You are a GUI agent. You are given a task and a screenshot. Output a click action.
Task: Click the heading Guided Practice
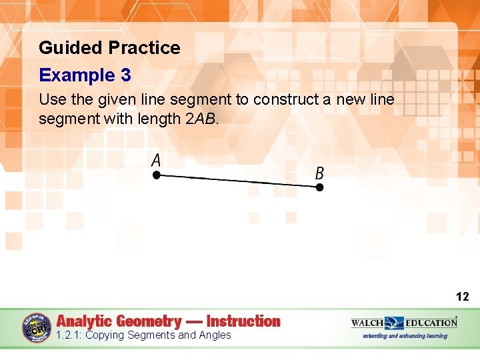tap(109, 48)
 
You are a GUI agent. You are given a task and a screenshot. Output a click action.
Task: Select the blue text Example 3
tap(85, 75)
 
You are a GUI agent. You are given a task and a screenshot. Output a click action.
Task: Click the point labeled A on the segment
tap(156, 175)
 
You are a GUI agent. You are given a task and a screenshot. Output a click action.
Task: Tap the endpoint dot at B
tap(319, 187)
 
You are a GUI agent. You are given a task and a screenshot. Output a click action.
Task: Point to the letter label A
tap(156, 160)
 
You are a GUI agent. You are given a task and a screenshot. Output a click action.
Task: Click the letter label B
tap(320, 173)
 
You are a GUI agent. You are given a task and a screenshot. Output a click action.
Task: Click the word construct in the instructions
tap(281, 100)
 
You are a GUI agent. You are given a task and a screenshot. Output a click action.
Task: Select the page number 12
tap(462, 297)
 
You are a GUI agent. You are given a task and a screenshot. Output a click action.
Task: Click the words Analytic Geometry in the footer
tap(119, 321)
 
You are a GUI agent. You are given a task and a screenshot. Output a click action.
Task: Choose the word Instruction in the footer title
tap(243, 321)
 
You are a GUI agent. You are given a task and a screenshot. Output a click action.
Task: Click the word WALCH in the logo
tap(368, 323)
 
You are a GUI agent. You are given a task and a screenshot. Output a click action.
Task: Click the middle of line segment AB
tap(237, 181)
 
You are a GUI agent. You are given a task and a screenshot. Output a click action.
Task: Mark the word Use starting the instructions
tap(50, 100)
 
